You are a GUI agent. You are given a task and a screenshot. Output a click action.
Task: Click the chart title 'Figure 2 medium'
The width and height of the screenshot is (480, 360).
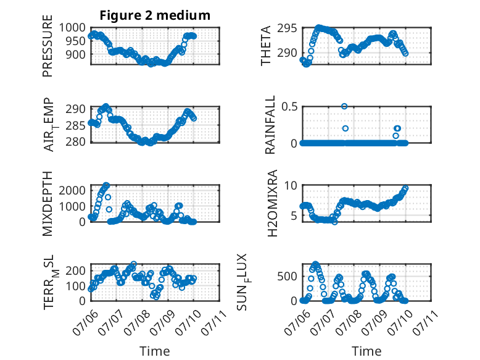click(x=155, y=15)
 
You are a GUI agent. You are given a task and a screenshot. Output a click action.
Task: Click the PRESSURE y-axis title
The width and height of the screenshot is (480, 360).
click(x=48, y=46)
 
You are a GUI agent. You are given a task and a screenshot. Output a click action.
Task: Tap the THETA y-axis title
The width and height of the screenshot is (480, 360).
click(x=266, y=46)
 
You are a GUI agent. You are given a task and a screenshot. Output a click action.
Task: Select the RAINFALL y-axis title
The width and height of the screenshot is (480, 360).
click(x=270, y=125)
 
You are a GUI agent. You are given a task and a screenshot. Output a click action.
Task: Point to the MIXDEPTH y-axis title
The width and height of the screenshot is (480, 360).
click(x=48, y=204)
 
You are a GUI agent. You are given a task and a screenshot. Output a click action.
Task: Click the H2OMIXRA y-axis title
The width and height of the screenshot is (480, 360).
click(x=272, y=203)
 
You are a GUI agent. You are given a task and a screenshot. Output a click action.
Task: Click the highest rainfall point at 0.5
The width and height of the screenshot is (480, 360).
click(x=344, y=106)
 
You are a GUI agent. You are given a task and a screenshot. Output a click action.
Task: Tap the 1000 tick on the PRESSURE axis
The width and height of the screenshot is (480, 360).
click(x=72, y=28)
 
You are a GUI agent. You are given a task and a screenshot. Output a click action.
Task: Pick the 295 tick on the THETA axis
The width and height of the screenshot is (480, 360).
click(x=287, y=28)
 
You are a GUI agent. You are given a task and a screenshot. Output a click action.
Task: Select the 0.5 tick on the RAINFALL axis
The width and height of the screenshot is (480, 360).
click(x=289, y=107)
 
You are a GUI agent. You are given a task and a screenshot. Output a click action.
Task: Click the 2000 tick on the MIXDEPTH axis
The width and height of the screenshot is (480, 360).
click(x=72, y=191)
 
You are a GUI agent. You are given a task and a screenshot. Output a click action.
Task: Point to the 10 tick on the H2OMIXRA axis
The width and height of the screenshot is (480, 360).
click(x=291, y=185)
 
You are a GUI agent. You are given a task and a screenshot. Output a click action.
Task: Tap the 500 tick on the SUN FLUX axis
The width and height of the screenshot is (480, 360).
click(x=287, y=277)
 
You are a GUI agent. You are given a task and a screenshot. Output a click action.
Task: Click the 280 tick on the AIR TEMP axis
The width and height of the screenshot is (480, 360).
click(x=76, y=142)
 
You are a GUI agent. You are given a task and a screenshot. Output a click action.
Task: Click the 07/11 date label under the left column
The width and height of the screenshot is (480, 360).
click(x=214, y=322)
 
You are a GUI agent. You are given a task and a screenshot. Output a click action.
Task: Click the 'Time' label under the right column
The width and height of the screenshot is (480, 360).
click(x=366, y=351)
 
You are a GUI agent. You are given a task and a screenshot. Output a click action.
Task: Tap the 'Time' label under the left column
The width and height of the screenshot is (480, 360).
click(x=155, y=351)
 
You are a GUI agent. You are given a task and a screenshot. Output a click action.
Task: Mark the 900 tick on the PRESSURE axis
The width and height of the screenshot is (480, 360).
click(x=76, y=55)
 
